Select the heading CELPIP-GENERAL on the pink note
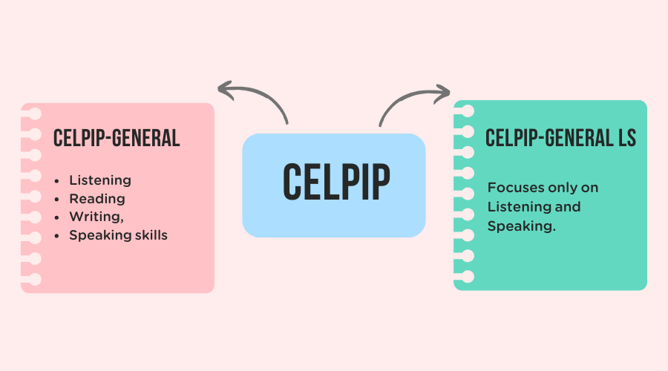click(117, 138)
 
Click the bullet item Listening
click(100, 180)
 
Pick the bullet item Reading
click(97, 199)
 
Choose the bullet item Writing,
click(97, 217)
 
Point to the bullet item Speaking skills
click(119, 235)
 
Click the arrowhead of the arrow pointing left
click(223, 89)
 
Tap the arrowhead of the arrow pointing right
click(445, 93)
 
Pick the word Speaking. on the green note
click(522, 226)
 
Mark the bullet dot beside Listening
click(56, 181)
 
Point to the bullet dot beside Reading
click(56, 199)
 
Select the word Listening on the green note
click(516, 206)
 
